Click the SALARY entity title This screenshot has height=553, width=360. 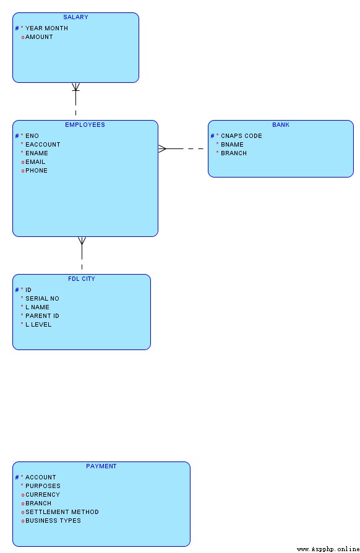pos(75,17)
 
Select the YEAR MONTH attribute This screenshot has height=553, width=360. pos(46,28)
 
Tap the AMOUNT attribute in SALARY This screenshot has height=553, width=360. pos(39,36)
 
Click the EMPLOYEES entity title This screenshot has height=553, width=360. pos(85,124)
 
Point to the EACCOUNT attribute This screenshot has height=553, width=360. pos(43,144)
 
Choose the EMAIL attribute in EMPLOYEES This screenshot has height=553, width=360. pos(35,161)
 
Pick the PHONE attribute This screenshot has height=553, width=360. pos(36,170)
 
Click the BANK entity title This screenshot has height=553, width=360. pos(281,124)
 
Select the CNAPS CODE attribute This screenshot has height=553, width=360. pos(241,136)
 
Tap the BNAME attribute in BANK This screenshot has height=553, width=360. pos(232,144)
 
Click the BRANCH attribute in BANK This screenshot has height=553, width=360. pos(234,153)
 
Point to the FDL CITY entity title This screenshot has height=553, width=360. pos(82,278)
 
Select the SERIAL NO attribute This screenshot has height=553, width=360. pos(42,298)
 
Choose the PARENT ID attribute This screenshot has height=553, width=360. pos(42,315)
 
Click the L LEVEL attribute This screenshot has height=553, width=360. pos(38,325)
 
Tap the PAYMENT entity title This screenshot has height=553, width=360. pos(101,466)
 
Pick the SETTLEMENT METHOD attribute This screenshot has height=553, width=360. pos(62,512)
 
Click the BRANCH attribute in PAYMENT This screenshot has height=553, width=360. pos(38,504)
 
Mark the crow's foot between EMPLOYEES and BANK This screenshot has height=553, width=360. pos(162,149)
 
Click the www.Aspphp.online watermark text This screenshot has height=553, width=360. pos(328,549)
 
